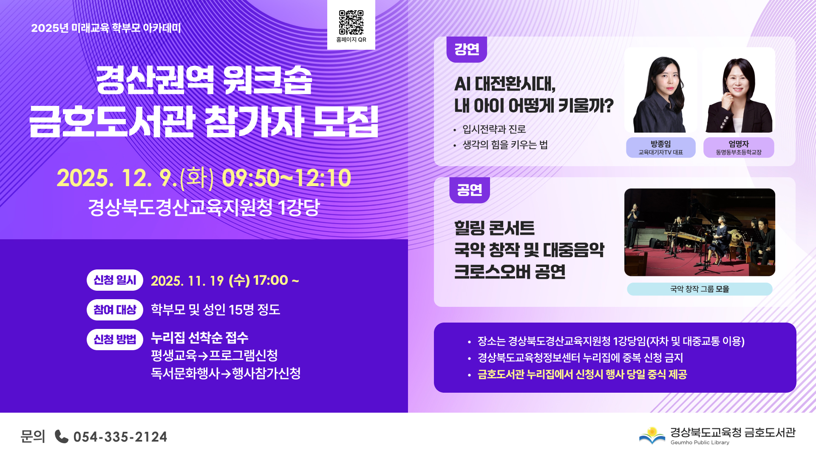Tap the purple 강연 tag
pos(467,49)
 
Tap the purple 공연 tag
pos(470,190)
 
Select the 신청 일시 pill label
pos(115,280)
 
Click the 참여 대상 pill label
pos(115,310)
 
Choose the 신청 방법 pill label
pos(115,340)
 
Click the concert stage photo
pos(700,232)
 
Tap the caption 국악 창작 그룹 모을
pos(700,289)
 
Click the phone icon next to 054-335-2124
pos(62,436)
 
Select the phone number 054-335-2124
pos(120,437)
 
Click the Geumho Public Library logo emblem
pos(652,436)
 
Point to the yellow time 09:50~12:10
pos(286,178)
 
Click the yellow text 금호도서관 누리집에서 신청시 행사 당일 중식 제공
pos(582,374)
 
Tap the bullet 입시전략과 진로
pos(494,129)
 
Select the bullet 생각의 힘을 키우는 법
pos(505,145)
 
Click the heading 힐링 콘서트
pos(494,228)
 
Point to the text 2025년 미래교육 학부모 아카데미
pos(106,28)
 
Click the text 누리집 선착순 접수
pos(200,338)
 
